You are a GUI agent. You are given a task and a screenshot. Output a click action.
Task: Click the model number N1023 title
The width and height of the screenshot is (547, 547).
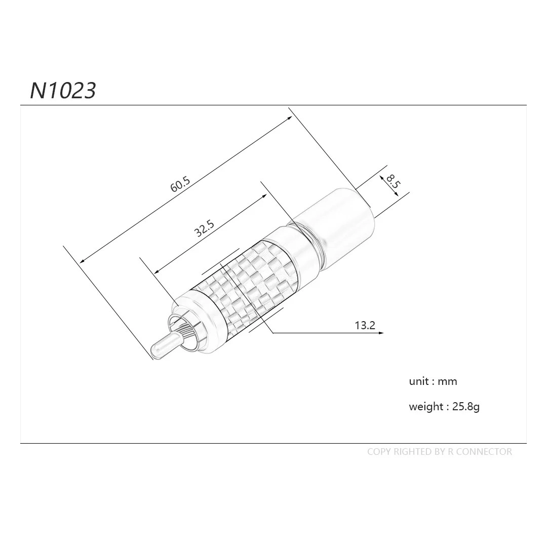[63, 91]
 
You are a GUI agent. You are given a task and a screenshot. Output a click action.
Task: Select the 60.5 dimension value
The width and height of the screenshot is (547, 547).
[180, 184]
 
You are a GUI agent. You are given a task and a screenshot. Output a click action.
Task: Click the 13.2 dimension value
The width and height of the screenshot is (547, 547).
[365, 325]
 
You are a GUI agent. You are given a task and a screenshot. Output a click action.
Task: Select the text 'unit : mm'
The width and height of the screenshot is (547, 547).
[433, 381]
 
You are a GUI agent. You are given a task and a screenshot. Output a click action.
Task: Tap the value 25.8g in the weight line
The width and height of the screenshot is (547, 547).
[465, 407]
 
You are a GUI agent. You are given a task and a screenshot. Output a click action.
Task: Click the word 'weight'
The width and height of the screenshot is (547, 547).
[426, 407]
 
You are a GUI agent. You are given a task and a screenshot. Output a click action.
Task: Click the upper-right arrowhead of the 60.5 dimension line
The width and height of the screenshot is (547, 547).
[290, 118]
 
